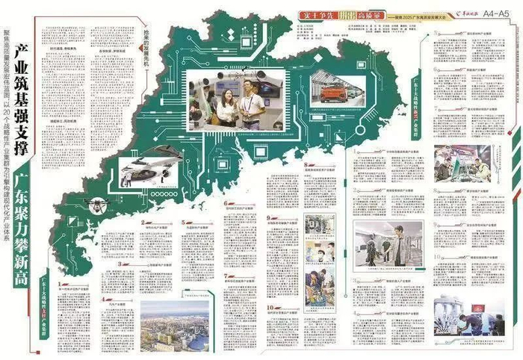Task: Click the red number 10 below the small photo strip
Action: click(267, 306)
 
